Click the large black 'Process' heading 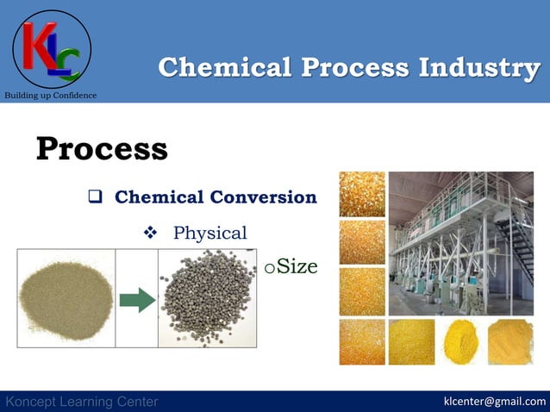click(102, 148)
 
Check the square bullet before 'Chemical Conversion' click(97, 197)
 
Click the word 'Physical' click(209, 233)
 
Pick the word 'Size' click(297, 267)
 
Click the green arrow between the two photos click(136, 301)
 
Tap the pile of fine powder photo click(65, 297)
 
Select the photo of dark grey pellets click(207, 297)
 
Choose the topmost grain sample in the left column click(362, 194)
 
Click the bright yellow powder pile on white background click(461, 342)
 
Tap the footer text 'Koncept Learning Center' click(82, 402)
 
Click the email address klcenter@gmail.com click(494, 402)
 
